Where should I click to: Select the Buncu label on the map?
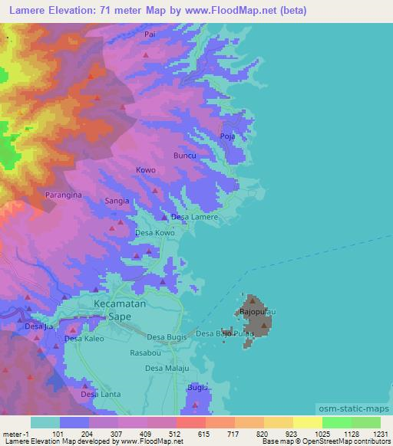[x=185, y=156]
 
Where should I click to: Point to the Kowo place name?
[x=145, y=170]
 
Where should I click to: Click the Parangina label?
[x=62, y=195]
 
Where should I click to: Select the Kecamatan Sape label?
[x=119, y=310]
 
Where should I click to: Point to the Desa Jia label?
[x=39, y=327]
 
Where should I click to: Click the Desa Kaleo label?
[x=84, y=338]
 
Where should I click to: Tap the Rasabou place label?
[x=145, y=353]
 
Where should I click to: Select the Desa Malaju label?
[x=167, y=369]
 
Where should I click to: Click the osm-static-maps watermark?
[x=355, y=409]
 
